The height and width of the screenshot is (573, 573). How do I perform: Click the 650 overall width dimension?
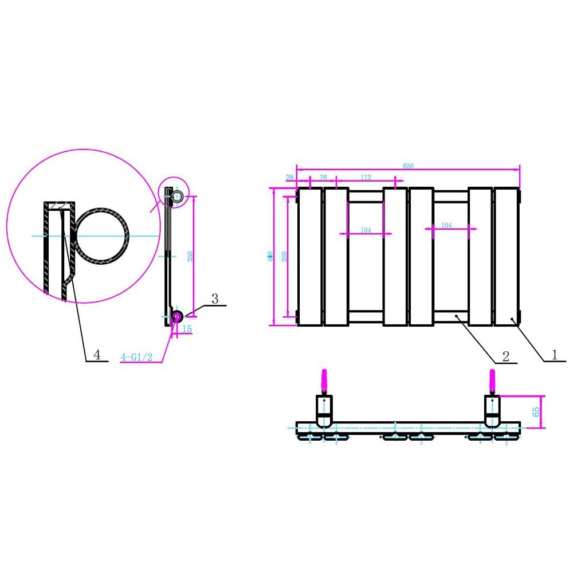click(x=408, y=166)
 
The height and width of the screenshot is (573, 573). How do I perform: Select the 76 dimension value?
click(x=323, y=178)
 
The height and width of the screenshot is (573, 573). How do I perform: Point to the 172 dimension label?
click(x=364, y=178)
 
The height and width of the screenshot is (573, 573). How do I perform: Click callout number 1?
click(x=554, y=355)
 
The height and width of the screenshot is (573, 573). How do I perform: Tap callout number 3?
click(x=215, y=299)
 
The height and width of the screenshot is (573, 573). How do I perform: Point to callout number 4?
click(x=97, y=355)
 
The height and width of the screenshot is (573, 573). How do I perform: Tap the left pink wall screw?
click(x=324, y=381)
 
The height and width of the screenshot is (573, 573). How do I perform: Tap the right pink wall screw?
click(x=492, y=381)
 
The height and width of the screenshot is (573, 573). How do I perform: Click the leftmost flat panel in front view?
click(x=309, y=257)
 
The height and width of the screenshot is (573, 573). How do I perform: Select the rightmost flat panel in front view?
click(x=507, y=257)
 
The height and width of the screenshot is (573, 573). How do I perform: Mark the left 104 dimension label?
click(x=366, y=230)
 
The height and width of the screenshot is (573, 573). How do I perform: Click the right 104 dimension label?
click(x=446, y=225)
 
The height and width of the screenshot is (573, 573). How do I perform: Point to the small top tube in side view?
click(x=178, y=197)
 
